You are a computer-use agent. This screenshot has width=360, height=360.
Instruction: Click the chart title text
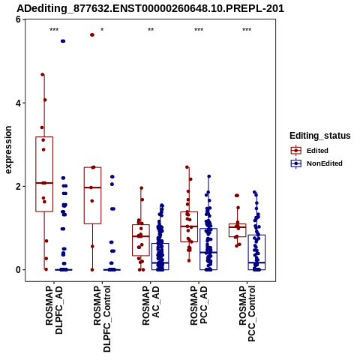(x=150, y=9)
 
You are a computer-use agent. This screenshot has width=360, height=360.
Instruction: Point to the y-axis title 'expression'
(x=8, y=150)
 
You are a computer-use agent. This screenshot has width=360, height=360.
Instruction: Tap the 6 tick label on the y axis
(x=18, y=19)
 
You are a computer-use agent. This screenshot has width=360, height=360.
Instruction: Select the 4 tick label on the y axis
(x=18, y=103)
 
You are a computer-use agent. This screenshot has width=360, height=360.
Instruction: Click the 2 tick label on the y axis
(x=18, y=186)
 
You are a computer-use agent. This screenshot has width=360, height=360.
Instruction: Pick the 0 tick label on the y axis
(x=18, y=270)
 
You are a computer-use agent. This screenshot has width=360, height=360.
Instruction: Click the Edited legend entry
(x=317, y=151)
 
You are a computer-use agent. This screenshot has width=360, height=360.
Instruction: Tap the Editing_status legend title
(x=320, y=136)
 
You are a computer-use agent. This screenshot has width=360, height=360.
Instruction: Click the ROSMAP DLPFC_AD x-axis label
(x=54, y=310)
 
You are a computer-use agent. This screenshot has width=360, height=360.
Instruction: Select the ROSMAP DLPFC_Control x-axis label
(x=102, y=319)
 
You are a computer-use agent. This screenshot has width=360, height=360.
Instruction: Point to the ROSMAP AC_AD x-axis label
(x=151, y=305)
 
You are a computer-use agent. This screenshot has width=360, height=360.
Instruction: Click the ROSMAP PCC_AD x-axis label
(x=199, y=305)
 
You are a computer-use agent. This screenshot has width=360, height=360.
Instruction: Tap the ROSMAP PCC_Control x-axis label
(x=247, y=313)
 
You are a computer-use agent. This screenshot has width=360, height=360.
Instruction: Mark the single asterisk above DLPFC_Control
(x=102, y=30)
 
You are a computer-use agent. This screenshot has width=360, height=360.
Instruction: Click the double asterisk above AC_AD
(x=151, y=30)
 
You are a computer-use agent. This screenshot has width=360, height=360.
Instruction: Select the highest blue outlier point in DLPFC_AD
(x=63, y=41)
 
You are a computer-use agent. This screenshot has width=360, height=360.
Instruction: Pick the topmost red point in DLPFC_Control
(x=92, y=34)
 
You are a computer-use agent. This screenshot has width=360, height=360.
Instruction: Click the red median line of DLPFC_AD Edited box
(x=44, y=183)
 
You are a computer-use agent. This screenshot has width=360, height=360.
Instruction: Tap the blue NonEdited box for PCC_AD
(x=208, y=249)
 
